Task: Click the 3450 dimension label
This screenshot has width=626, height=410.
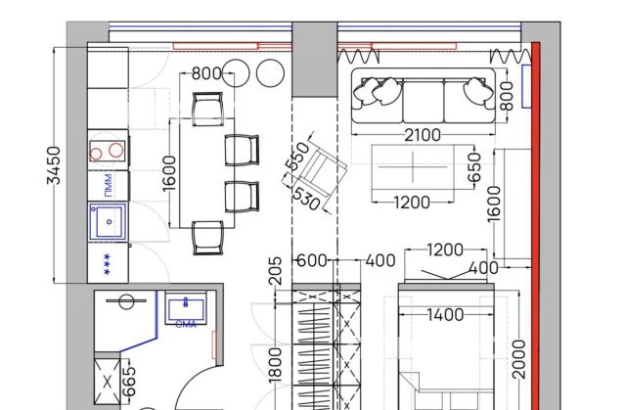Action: click(x=54, y=165)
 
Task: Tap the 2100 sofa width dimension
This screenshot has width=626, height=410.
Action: click(x=423, y=135)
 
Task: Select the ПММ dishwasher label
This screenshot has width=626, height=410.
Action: click(x=108, y=186)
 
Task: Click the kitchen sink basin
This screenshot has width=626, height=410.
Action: click(x=108, y=221)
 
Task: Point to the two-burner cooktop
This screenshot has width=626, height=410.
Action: click(x=107, y=151)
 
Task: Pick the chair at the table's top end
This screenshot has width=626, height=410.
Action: click(x=207, y=109)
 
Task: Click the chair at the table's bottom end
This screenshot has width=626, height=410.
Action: click(x=207, y=238)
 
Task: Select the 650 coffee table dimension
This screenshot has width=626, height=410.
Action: click(x=475, y=167)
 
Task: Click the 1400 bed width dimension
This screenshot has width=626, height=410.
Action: click(x=446, y=315)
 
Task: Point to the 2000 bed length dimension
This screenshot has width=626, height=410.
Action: click(x=518, y=359)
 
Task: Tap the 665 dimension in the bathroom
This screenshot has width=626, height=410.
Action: click(x=129, y=383)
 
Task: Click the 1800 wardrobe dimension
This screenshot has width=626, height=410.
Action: click(x=275, y=365)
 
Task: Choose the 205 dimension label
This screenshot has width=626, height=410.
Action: click(x=275, y=271)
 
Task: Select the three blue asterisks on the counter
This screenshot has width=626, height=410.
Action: click(x=107, y=264)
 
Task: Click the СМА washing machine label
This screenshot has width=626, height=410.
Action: click(x=186, y=325)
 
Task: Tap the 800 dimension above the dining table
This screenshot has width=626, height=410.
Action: click(x=206, y=73)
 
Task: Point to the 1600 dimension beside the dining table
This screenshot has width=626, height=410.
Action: click(x=169, y=173)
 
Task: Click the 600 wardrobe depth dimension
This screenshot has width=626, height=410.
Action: click(x=312, y=260)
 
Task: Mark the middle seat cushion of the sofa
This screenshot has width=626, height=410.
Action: click(x=424, y=102)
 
